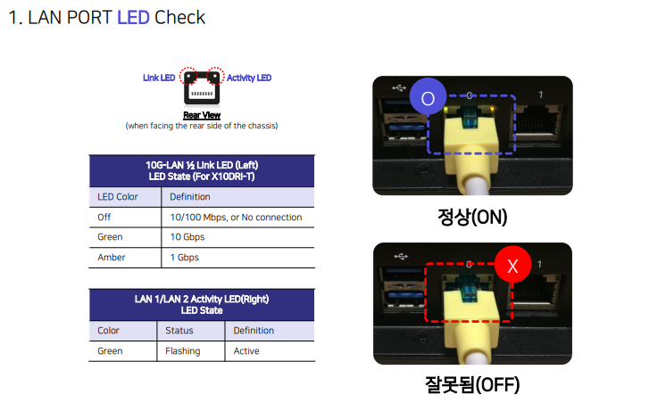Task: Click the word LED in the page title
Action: tap(133, 18)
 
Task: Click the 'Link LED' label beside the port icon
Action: tap(159, 78)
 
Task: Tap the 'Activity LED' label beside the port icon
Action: tap(249, 78)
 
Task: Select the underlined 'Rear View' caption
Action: tap(202, 115)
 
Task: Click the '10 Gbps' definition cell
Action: tap(187, 237)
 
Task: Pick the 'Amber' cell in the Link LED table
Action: tap(112, 258)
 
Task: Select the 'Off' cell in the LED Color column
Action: tap(104, 218)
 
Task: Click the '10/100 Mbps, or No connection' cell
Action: tap(237, 218)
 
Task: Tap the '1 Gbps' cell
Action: tap(184, 258)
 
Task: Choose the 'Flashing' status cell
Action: tap(183, 351)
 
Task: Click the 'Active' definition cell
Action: tap(246, 351)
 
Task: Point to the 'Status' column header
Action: tap(179, 331)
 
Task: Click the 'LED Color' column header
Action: tap(118, 197)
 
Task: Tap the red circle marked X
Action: tap(512, 265)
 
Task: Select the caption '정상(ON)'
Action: tap(472, 217)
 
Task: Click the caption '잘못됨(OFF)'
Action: tap(472, 384)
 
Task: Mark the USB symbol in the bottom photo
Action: tap(401, 256)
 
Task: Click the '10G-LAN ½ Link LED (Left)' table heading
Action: tap(202, 165)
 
